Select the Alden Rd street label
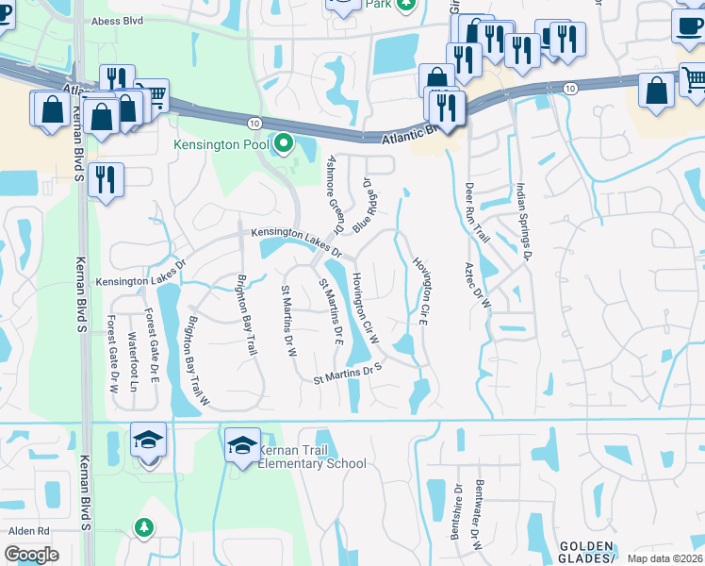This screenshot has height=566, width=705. pyautogui.click(x=28, y=531)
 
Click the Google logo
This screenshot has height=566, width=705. pyautogui.click(x=31, y=555)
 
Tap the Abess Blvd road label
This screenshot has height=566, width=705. pyautogui.click(x=118, y=21)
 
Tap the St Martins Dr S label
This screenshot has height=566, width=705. pyautogui.click(x=347, y=375)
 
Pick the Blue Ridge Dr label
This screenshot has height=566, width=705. pyautogui.click(x=365, y=207)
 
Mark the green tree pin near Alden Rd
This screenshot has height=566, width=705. pyautogui.click(x=144, y=526)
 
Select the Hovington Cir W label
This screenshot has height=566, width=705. pyautogui.click(x=365, y=308)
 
